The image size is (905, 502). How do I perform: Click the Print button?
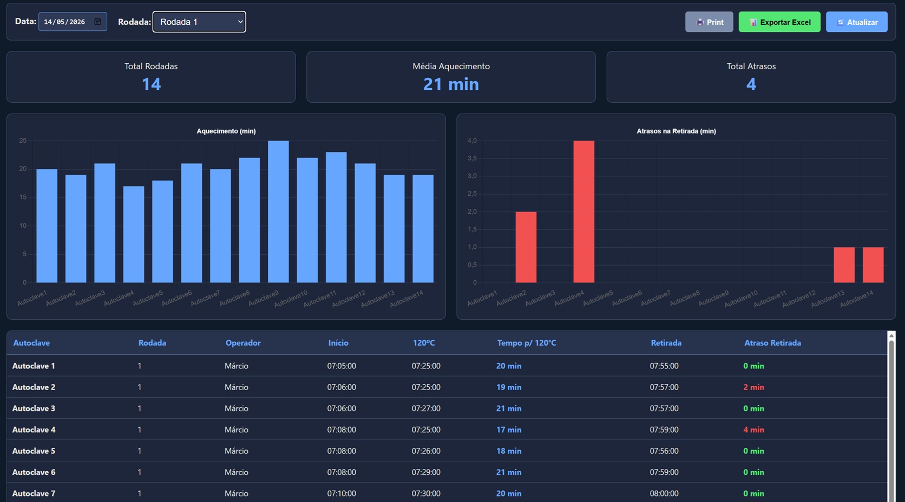[709, 22]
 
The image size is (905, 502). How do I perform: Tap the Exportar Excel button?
[779, 22]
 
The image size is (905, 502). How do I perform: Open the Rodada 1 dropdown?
[199, 22]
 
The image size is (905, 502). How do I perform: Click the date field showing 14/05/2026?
[73, 22]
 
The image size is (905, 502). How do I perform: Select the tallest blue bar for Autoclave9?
[278, 212]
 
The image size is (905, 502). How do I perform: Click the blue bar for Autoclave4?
[134, 234]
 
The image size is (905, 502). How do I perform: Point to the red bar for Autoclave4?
[584, 212]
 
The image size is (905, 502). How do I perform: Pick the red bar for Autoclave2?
[526, 247]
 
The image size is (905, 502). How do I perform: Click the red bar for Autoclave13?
[844, 265]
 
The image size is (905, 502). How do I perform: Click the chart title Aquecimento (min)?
[226, 131]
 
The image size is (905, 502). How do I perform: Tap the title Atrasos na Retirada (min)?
[677, 131]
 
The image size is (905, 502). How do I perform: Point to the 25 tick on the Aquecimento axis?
[23, 141]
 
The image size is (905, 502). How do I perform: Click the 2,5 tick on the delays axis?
[472, 194]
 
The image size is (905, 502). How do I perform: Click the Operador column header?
[243, 343]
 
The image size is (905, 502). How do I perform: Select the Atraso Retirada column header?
[772, 343]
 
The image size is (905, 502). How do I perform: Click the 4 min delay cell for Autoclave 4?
[753, 430]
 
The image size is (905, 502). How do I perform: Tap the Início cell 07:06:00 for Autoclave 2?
[342, 387]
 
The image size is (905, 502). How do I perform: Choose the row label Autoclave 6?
[34, 472]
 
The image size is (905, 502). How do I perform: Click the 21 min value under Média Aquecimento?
[451, 84]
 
